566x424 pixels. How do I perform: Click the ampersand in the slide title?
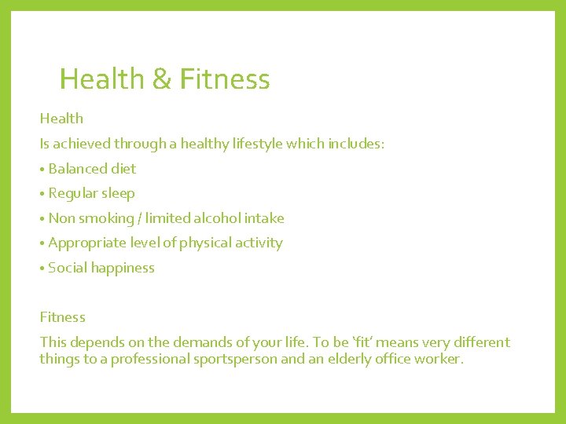(160, 79)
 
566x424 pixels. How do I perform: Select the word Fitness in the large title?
(224, 79)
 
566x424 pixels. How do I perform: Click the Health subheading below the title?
(61, 119)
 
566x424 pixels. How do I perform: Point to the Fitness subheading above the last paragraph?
(62, 317)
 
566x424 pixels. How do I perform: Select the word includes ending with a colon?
(355, 144)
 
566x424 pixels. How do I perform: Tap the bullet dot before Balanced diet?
(42, 169)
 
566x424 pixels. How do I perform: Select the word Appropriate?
(86, 243)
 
